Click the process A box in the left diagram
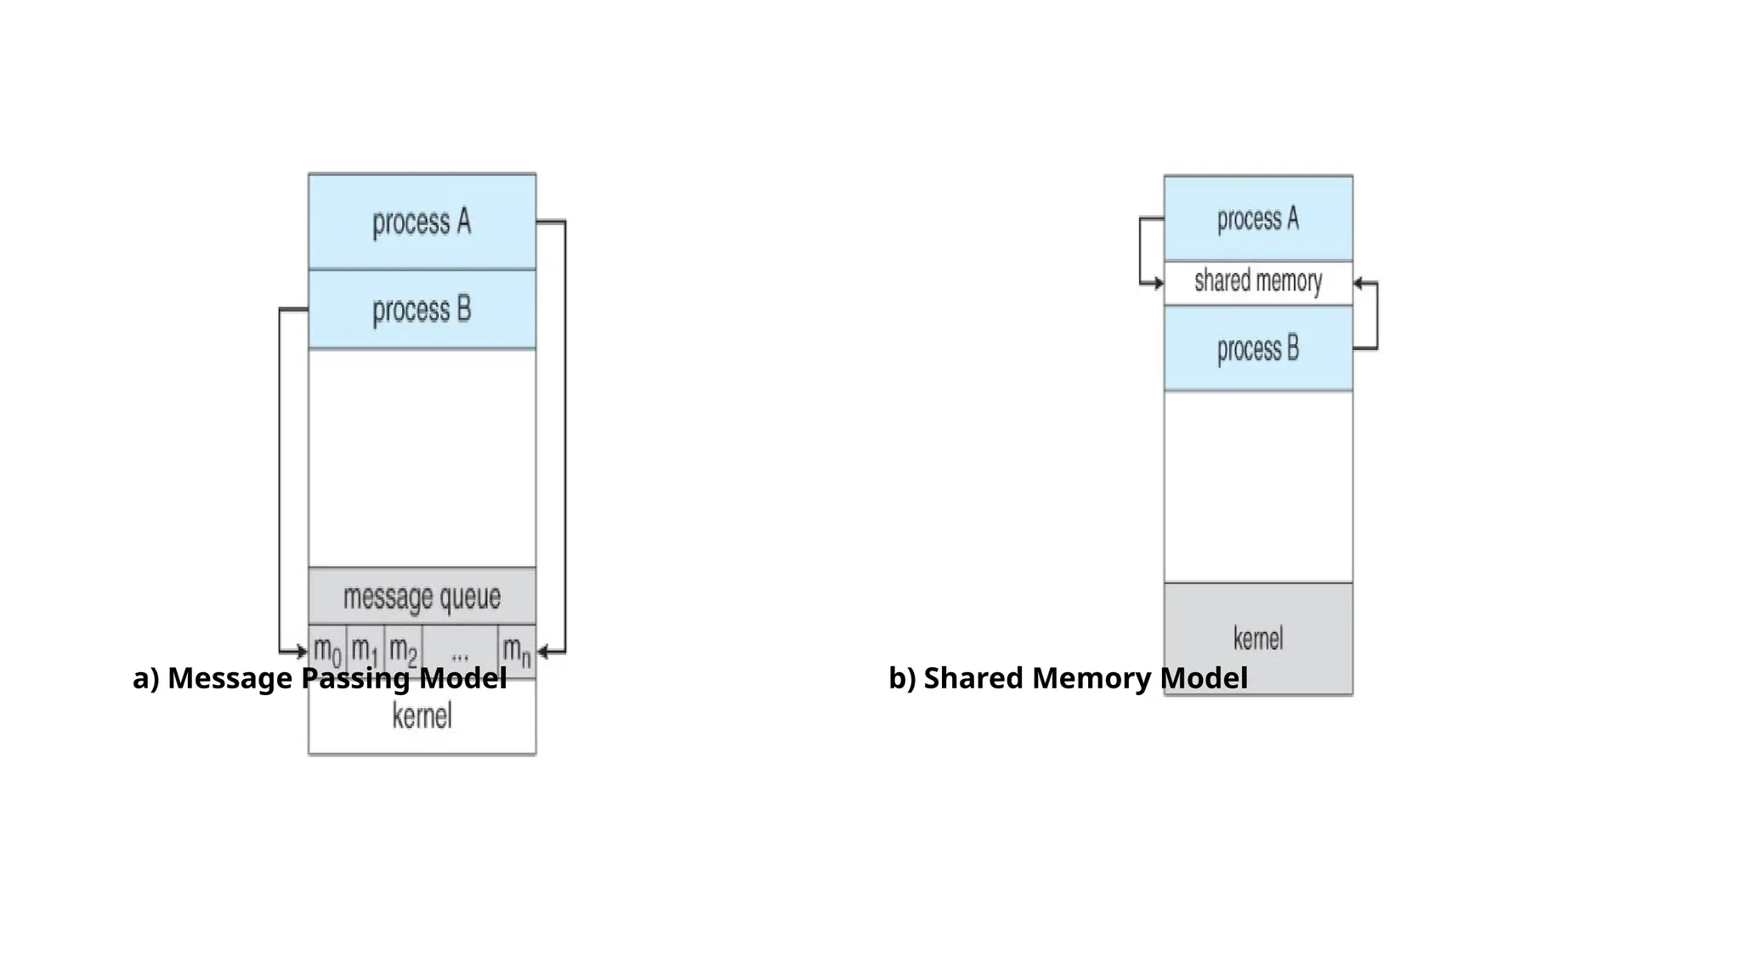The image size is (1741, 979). point(422,222)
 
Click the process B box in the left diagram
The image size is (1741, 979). point(422,309)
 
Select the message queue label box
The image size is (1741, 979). point(422,596)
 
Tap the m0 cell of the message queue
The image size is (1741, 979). point(327,650)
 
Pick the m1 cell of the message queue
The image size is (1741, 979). point(365,650)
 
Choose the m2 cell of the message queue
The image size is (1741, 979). point(403,650)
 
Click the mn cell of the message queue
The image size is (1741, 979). point(516,650)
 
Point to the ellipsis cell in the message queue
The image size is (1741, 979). point(460,652)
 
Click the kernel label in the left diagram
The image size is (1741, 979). point(422,716)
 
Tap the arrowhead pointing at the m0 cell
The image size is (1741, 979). point(301,653)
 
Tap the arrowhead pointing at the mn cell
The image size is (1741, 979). point(543,653)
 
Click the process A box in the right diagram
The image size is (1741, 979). point(1258,218)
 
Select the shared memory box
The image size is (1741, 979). point(1258,282)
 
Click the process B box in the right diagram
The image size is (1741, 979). point(1258,348)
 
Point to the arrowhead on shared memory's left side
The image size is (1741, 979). point(1158,283)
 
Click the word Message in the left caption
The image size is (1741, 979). point(230,678)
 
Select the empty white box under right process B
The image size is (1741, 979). point(1258,486)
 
